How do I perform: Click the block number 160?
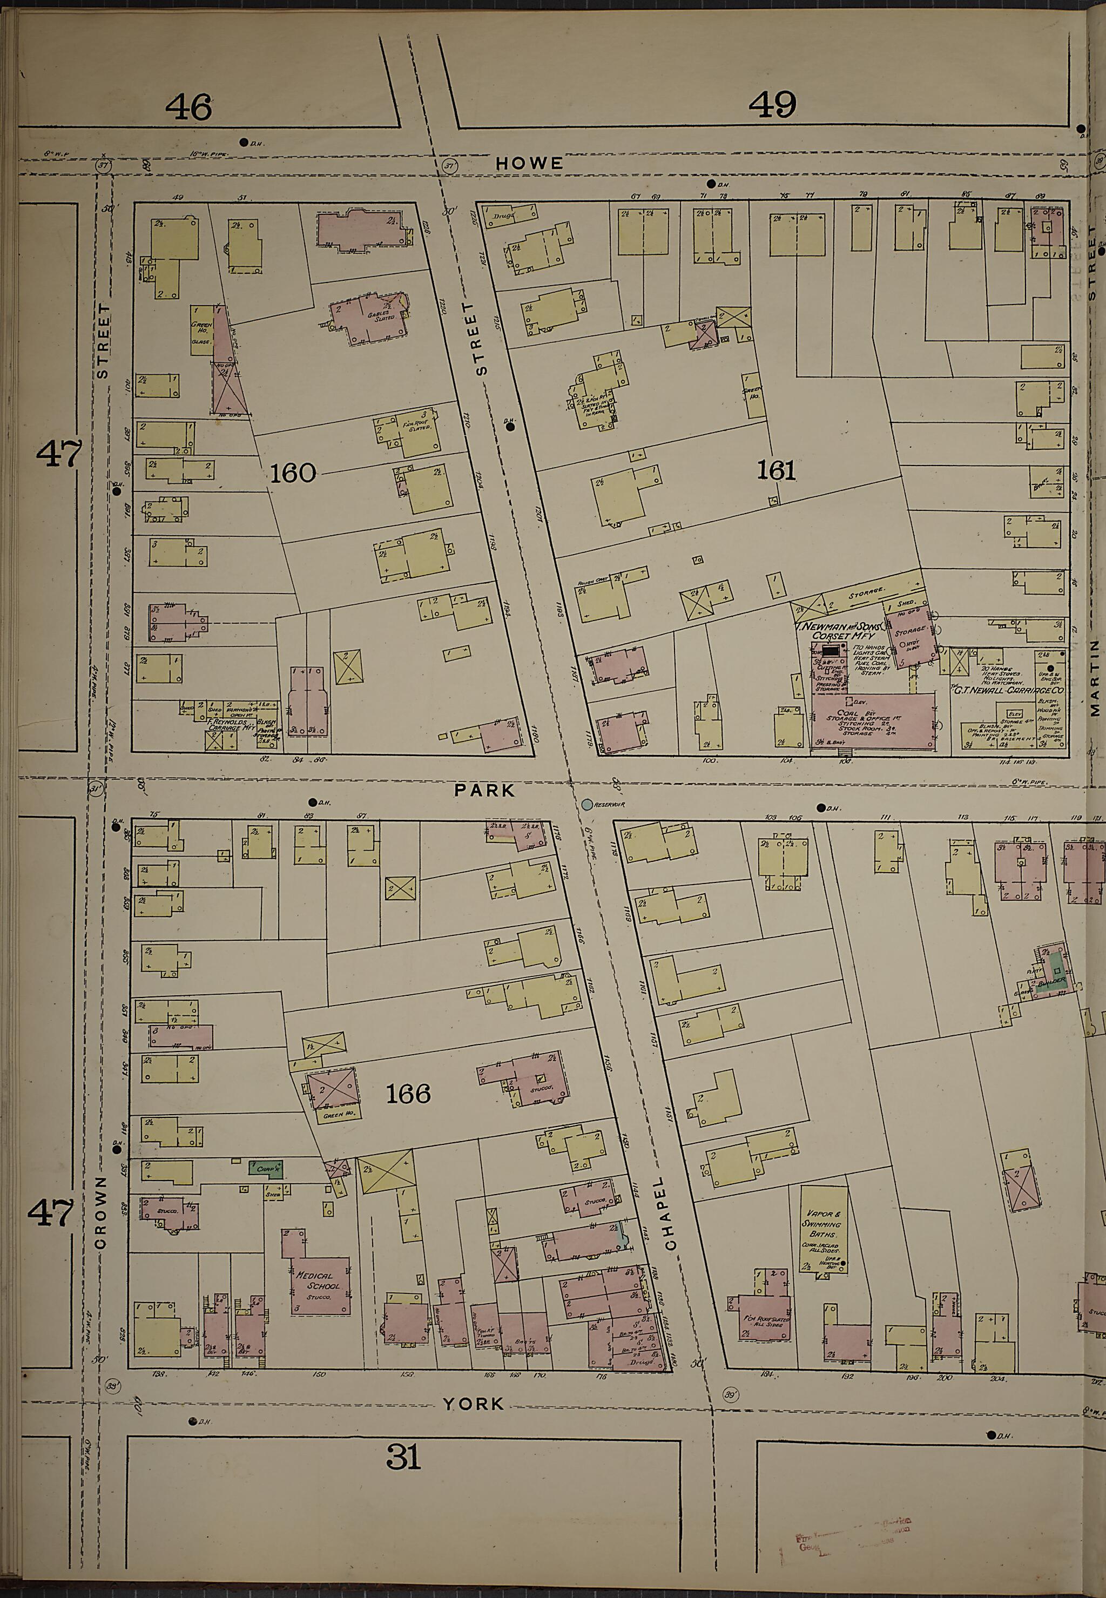coord(293,473)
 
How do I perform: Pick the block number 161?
coord(775,471)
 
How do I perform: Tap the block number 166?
coord(408,1094)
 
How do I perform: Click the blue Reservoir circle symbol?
coord(587,805)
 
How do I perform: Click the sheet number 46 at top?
coord(188,108)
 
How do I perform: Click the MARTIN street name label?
coord(1094,677)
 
